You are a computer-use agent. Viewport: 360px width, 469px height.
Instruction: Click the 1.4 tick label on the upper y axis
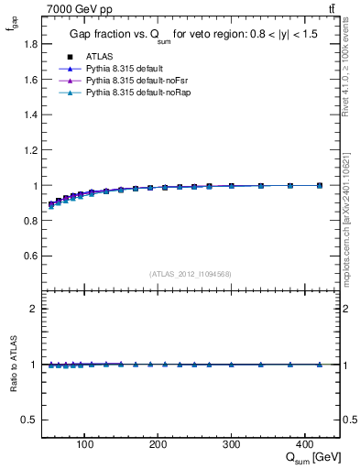[x=31, y=115]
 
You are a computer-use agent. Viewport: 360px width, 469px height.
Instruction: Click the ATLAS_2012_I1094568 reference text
[x=191, y=274]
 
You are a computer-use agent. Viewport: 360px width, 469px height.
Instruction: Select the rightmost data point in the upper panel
[x=319, y=185]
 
